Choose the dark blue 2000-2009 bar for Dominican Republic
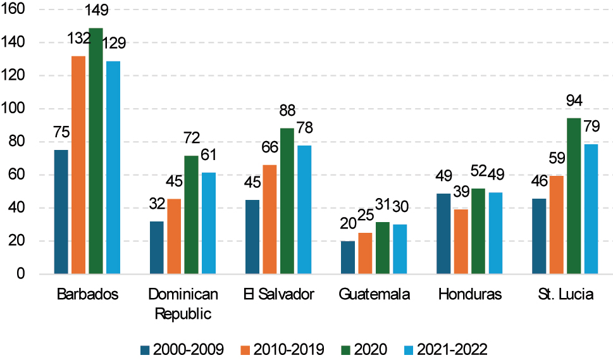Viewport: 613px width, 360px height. [156, 247]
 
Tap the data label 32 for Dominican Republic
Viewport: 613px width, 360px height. [156, 204]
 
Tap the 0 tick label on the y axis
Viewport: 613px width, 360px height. [21, 274]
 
